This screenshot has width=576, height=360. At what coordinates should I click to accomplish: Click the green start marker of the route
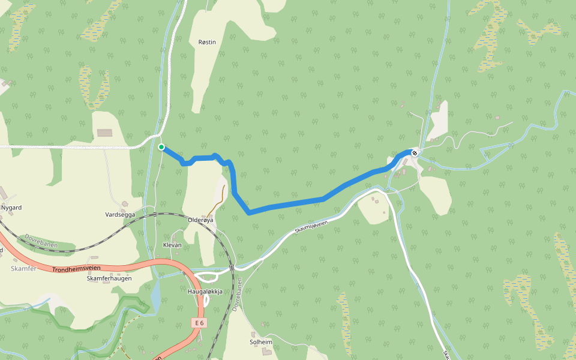point(161,146)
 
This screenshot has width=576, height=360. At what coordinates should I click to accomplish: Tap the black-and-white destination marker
point(415,153)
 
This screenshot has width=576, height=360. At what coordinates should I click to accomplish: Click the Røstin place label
point(207,42)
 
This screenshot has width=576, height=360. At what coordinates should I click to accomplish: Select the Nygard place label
point(11,208)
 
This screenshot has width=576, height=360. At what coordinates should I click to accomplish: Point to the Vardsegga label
point(120,214)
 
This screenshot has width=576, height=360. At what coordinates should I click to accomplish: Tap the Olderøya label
point(200,220)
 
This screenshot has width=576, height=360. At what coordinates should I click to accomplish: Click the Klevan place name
point(172,245)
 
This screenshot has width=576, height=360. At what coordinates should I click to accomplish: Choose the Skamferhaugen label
point(109,278)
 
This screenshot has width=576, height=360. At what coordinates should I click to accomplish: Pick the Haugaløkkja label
point(205,292)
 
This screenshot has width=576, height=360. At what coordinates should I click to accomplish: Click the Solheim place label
point(261,342)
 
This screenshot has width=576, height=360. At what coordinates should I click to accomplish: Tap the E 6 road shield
point(199,323)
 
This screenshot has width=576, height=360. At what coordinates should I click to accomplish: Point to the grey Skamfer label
point(23,268)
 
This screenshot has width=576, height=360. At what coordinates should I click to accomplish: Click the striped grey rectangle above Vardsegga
point(104,133)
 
